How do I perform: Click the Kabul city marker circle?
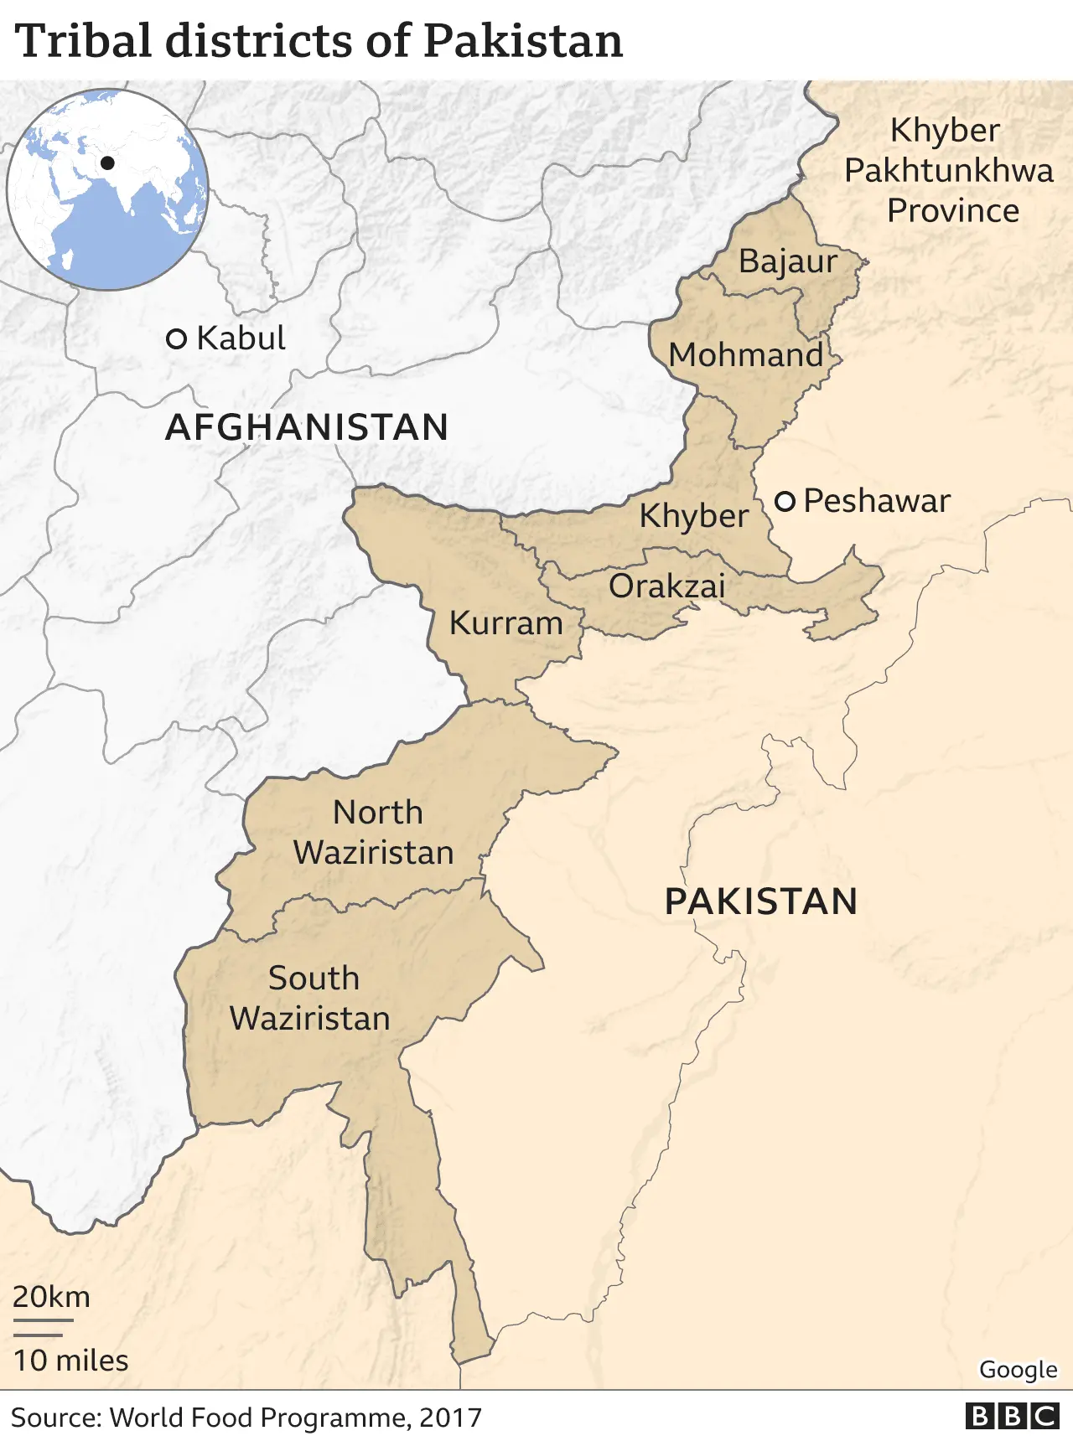click(176, 339)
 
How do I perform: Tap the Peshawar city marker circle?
click(785, 502)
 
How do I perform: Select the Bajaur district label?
click(787, 261)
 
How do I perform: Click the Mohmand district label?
click(746, 355)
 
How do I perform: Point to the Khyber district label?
click(693, 516)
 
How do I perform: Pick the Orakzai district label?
click(666, 586)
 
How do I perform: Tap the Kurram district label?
click(505, 623)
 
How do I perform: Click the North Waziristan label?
click(374, 833)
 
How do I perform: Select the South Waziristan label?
click(310, 999)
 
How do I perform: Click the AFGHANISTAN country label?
click(307, 427)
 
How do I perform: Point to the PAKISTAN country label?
click(761, 902)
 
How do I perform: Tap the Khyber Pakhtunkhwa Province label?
click(948, 171)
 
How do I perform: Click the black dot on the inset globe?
click(107, 163)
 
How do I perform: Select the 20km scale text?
click(51, 1297)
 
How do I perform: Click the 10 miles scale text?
click(71, 1361)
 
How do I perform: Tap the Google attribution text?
click(1018, 1370)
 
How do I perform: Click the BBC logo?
click(1013, 1416)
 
